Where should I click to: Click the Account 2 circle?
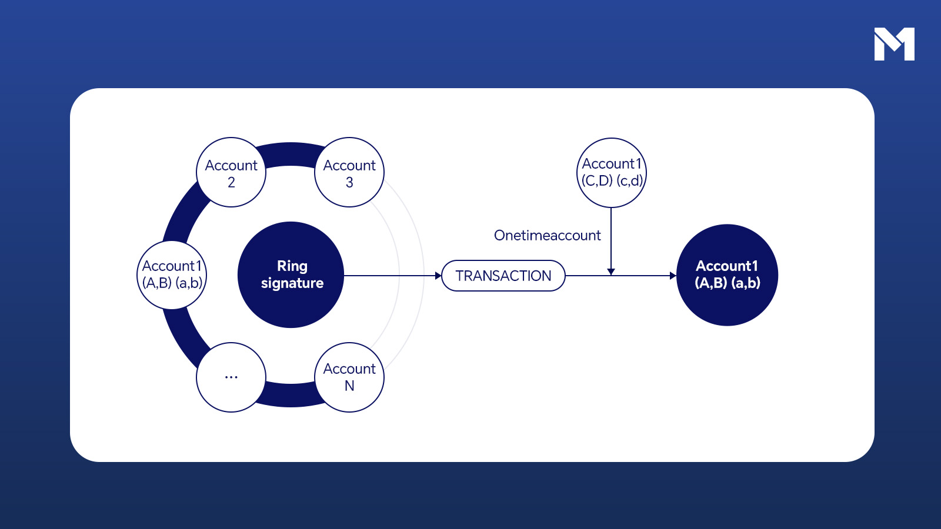pos(231,172)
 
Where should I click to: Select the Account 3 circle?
pos(349,172)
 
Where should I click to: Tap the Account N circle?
pos(349,377)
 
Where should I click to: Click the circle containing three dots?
pos(231,377)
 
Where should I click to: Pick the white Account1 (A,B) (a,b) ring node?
pos(172,274)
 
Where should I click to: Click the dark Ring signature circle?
pos(291,274)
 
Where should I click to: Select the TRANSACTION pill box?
pos(503,276)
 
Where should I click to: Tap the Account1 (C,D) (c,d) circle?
pos(611,172)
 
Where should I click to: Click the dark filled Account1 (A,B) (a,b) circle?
pos(728,274)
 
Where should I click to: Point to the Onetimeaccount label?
pos(547,236)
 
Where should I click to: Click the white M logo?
pos(894,44)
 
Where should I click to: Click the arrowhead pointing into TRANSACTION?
pos(438,276)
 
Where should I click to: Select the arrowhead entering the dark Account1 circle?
pos(673,276)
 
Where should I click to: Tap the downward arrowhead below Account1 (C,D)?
pos(611,272)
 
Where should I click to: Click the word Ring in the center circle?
pos(292,266)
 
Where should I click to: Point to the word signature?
pos(292,283)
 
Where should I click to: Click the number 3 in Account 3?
pos(349,183)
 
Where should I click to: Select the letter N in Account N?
pos(349,386)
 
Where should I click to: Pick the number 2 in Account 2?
pos(231,183)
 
